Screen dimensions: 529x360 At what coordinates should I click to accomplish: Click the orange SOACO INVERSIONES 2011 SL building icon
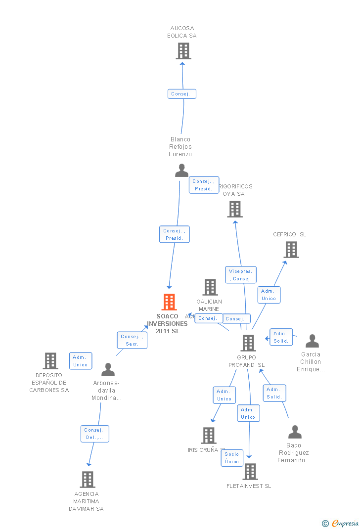[x=169, y=302]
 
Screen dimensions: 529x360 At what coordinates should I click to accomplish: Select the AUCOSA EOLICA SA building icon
[x=183, y=51]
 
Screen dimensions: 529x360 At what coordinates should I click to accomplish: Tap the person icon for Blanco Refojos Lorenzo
[x=181, y=171]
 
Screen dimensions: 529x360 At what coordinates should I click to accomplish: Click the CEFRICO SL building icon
[x=291, y=250]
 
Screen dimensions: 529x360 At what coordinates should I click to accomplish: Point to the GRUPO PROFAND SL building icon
[x=248, y=343]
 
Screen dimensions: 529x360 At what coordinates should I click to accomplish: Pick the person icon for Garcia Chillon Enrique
[x=312, y=341]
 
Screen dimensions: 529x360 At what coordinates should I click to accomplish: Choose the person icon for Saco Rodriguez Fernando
[x=295, y=432]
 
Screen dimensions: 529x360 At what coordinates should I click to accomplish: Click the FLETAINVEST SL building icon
[x=250, y=472]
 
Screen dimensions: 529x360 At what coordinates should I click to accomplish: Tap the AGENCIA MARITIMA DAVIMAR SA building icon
[x=88, y=480]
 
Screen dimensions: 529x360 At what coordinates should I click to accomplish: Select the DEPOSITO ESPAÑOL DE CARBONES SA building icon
[x=50, y=361]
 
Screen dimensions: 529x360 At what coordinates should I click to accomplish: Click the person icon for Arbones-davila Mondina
[x=108, y=370]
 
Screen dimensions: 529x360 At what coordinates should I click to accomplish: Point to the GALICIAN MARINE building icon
[x=210, y=287]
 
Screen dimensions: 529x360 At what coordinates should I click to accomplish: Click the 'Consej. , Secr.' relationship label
[x=132, y=340]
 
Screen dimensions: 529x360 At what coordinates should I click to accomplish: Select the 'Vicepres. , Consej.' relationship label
[x=241, y=275]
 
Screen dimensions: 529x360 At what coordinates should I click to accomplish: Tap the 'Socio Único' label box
[x=232, y=458]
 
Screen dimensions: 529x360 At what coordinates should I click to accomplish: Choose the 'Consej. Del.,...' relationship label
[x=94, y=434]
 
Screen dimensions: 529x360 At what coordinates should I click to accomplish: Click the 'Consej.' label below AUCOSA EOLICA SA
[x=181, y=94]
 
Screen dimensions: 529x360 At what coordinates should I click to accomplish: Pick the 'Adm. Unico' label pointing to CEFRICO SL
[x=269, y=295]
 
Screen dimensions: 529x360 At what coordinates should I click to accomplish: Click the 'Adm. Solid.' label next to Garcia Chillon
[x=281, y=337]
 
